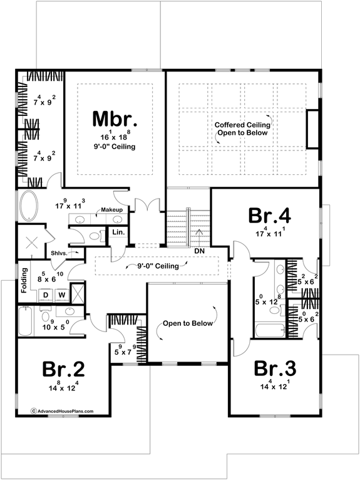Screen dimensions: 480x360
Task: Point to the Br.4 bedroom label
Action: (x=269, y=216)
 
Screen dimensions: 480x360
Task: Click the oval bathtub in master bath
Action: (x=29, y=207)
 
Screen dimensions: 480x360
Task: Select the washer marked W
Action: (x=61, y=293)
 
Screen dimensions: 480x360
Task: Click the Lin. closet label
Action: (x=118, y=233)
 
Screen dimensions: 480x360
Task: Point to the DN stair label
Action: (x=200, y=251)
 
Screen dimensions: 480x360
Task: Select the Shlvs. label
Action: (x=61, y=254)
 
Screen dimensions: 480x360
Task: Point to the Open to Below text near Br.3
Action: (x=188, y=324)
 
